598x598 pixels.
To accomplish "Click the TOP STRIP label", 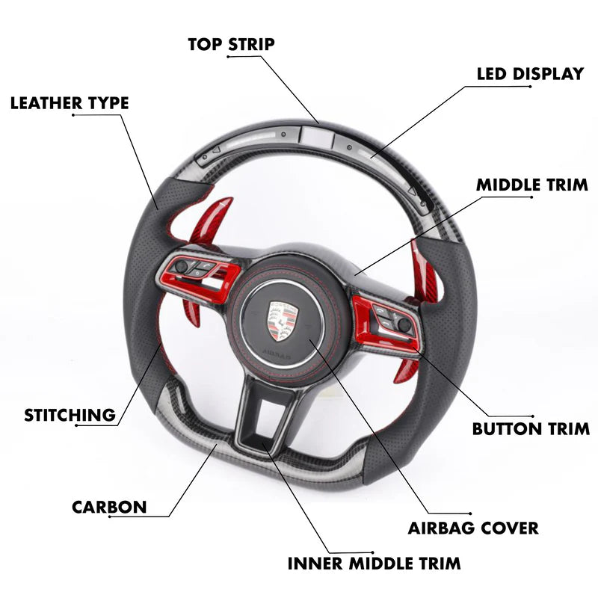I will [231, 44].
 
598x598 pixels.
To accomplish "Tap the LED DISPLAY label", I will [530, 74].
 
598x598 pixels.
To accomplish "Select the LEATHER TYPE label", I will [70, 103].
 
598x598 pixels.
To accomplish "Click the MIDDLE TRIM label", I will [532, 185].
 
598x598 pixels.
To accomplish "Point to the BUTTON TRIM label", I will [531, 429].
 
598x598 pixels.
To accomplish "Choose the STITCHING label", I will [70, 415].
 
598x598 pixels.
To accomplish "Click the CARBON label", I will [109, 507].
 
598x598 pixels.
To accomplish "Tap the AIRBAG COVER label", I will [473, 528].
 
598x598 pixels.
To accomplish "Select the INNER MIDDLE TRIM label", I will [375, 562].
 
